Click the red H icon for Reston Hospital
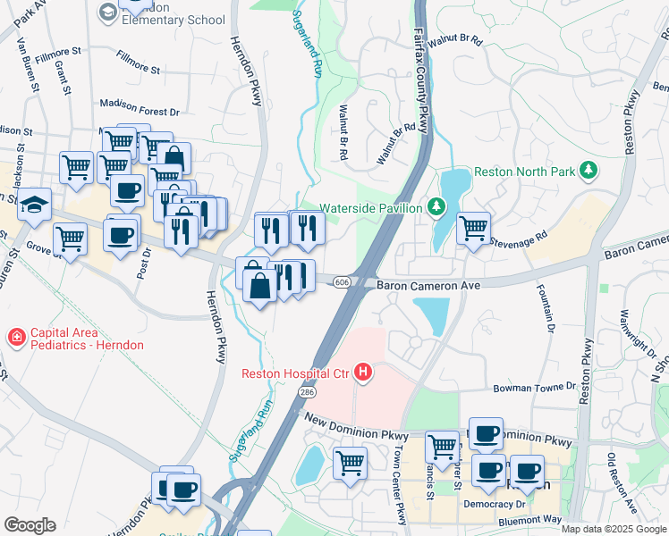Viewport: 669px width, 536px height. [363, 372]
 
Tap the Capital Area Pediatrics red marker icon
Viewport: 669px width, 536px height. [15, 338]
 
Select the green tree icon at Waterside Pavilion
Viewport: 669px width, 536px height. [436, 207]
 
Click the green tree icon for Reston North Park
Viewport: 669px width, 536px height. [588, 170]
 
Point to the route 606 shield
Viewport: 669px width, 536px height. [342, 282]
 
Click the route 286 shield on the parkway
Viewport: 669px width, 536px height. [308, 392]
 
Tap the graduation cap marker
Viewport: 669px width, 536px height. [34, 205]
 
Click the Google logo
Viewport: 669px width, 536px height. [29, 525]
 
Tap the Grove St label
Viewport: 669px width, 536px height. [41, 247]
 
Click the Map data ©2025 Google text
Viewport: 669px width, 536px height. [614, 529]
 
